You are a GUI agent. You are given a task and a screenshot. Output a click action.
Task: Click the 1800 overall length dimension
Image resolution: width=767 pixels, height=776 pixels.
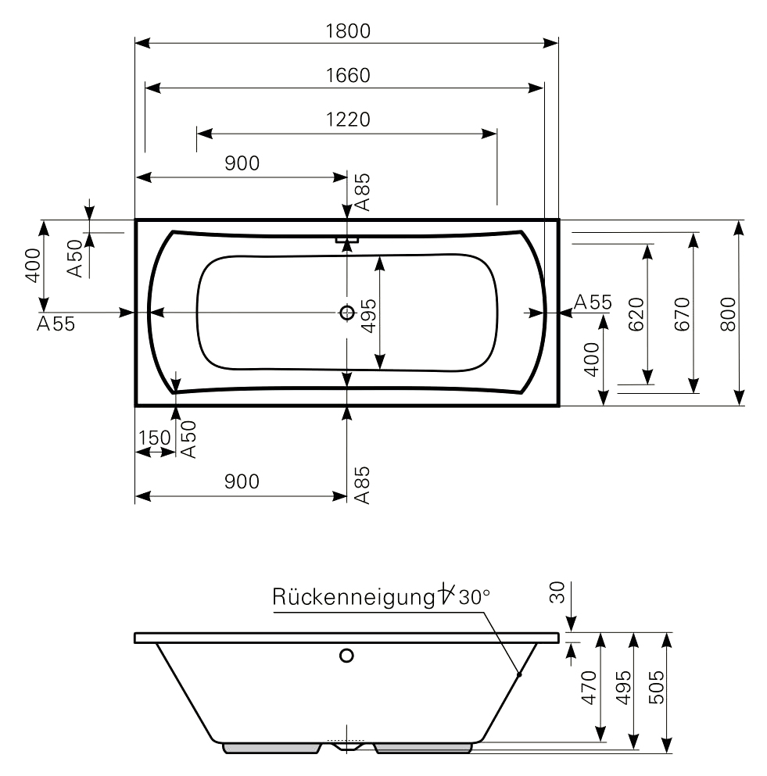[347, 31]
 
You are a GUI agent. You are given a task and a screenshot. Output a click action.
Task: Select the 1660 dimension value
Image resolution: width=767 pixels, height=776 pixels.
[347, 75]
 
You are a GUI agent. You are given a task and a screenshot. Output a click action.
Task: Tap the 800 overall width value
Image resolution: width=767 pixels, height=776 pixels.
[727, 313]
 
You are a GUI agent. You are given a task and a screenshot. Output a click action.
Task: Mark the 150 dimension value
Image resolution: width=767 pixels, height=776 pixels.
[154, 438]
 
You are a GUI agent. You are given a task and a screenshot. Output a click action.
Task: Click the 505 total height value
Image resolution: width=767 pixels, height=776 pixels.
[657, 688]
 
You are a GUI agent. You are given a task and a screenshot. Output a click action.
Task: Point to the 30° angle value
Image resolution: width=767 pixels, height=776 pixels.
[474, 598]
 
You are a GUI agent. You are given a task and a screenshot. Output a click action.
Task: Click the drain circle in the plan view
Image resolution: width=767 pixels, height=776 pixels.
[347, 313]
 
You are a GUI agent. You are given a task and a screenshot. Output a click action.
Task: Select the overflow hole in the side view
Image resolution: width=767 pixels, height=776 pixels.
[346, 656]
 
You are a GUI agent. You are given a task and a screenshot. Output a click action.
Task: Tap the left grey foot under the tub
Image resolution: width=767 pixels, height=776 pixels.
[273, 748]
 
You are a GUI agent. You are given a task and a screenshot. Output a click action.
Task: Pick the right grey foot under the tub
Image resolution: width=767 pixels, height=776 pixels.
[423, 748]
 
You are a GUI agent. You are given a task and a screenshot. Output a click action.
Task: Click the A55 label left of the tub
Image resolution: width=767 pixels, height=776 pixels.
[56, 324]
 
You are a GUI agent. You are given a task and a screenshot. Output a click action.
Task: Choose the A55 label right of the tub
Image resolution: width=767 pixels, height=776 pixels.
[592, 302]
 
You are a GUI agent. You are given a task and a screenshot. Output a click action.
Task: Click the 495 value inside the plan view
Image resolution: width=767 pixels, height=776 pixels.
[367, 313]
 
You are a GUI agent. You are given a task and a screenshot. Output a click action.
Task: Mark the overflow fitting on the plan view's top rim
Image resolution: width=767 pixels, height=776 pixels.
[346, 239]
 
